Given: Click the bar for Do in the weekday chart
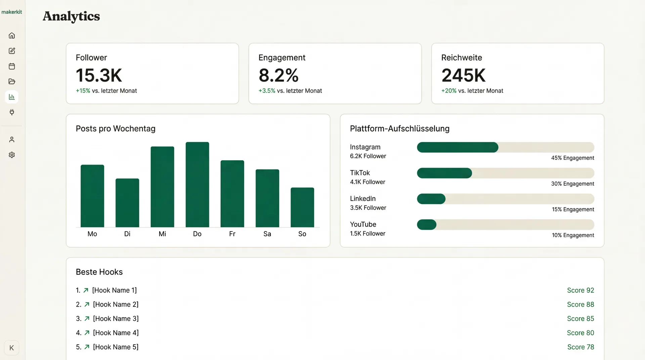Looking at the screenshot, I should (197, 185).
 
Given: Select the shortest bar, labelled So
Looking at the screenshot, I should (302, 207).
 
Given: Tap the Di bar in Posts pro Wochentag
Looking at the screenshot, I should (127, 203).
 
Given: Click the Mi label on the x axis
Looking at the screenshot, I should (162, 234).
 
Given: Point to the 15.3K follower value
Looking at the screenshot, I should (99, 75).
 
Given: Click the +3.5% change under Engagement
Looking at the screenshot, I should (267, 91).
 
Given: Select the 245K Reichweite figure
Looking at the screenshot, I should (463, 75).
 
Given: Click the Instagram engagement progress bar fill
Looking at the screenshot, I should (457, 147).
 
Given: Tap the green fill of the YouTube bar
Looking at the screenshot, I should (426, 225).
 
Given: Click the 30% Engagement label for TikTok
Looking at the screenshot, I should (572, 184).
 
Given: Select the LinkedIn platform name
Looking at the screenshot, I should (362, 198).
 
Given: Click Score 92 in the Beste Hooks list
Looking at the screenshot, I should (580, 290).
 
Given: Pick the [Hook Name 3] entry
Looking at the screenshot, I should (116, 318).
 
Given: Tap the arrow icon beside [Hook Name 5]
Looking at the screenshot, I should (87, 347).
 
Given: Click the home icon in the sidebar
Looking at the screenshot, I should (12, 36).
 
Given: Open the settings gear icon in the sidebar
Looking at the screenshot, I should (12, 155).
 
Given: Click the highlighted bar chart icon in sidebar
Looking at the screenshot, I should (12, 97).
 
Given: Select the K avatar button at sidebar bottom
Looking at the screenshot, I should (12, 348).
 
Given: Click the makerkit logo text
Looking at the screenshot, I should (12, 12).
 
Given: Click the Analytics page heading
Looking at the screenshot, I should (71, 16).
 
